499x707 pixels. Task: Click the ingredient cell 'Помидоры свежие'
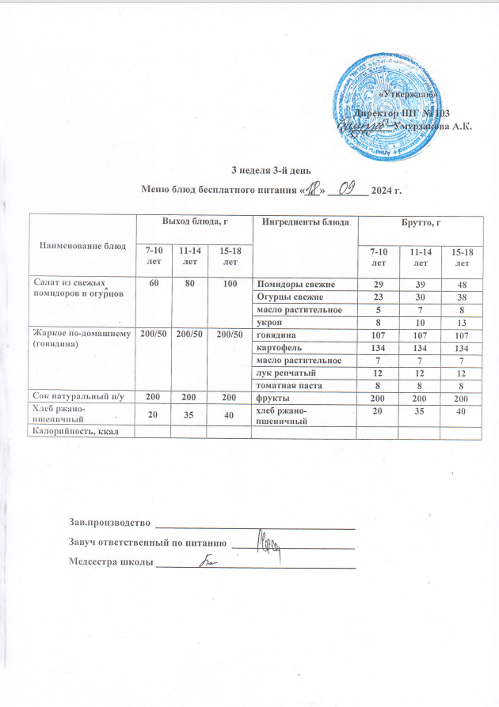coord(301,283)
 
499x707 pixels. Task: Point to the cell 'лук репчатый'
coord(301,372)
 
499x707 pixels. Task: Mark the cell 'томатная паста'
coord(301,385)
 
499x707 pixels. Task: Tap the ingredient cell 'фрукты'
coord(301,398)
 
